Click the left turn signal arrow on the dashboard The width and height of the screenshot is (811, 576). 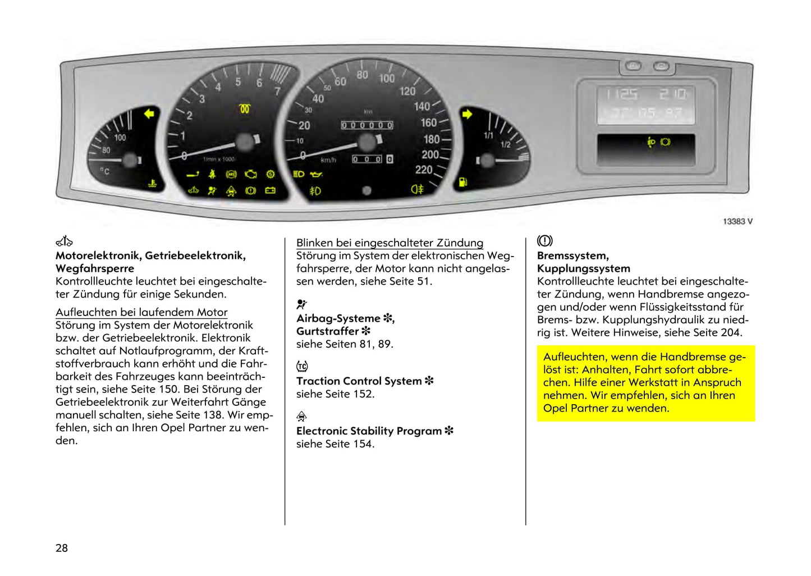click(149, 115)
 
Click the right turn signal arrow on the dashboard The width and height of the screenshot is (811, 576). click(467, 115)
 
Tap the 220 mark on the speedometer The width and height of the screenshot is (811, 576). click(424, 170)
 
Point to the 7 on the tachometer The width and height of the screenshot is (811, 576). click(277, 91)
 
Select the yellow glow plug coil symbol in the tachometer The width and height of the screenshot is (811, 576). click(244, 108)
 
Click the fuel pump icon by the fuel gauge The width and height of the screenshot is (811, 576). click(463, 182)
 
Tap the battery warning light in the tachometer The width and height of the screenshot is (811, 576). click(270, 191)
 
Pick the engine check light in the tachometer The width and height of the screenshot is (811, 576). click(250, 175)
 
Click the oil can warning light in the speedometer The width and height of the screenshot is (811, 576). click(317, 175)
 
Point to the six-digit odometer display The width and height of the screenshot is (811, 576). click(367, 125)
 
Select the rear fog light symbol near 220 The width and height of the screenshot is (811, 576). click(417, 189)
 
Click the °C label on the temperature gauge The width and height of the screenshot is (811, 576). click(105, 171)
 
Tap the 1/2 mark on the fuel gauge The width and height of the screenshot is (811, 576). click(505, 145)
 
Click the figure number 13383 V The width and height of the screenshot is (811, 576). click(737, 221)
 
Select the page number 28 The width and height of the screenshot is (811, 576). click(62, 548)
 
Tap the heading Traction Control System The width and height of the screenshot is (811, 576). click(359, 381)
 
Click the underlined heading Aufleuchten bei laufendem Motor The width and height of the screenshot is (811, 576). click(141, 312)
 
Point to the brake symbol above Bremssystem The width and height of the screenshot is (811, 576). click(544, 241)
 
